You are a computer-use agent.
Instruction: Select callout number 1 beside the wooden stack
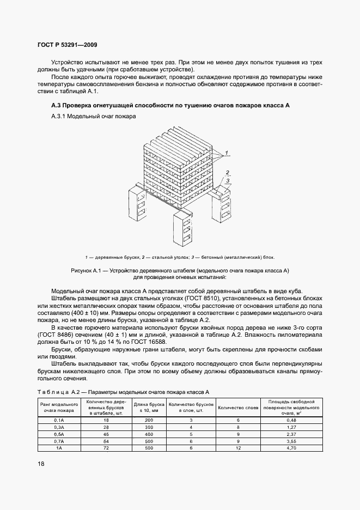pyautogui.click(x=227, y=150)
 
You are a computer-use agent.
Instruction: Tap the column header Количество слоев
pyautogui.click(x=238, y=407)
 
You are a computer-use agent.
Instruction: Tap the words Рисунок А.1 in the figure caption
pyautogui.click(x=87, y=270)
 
